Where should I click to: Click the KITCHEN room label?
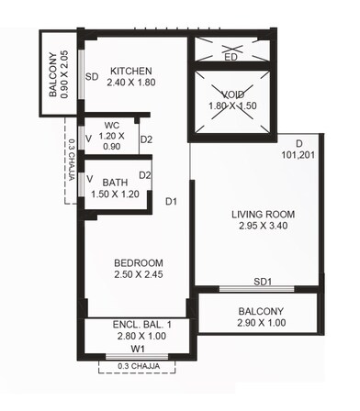click(x=131, y=72)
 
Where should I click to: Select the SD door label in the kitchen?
click(x=92, y=77)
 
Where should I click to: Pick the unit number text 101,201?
click(x=299, y=155)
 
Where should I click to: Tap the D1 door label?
click(x=171, y=201)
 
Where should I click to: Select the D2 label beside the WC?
click(x=145, y=139)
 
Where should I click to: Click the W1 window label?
click(x=138, y=350)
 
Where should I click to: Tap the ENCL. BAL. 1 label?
click(x=137, y=323)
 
